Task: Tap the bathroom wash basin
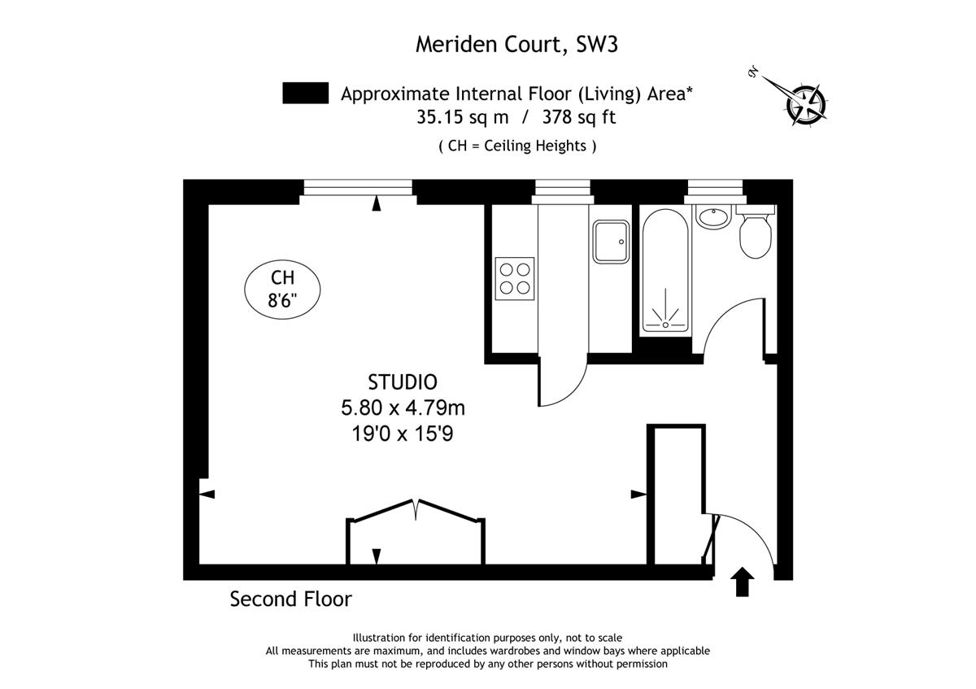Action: point(712,216)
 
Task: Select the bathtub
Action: point(665,271)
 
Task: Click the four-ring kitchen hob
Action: point(515,279)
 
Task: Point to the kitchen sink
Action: point(611,242)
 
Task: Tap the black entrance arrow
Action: point(742,581)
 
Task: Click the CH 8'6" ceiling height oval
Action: point(282,290)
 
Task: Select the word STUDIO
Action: point(403,382)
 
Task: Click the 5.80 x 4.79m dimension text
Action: point(403,408)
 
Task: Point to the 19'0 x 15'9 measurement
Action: point(403,434)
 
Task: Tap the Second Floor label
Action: point(290,600)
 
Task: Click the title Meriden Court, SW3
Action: point(516,45)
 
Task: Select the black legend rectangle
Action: point(306,93)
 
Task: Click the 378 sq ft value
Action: point(579,117)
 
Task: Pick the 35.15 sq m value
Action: point(462,117)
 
